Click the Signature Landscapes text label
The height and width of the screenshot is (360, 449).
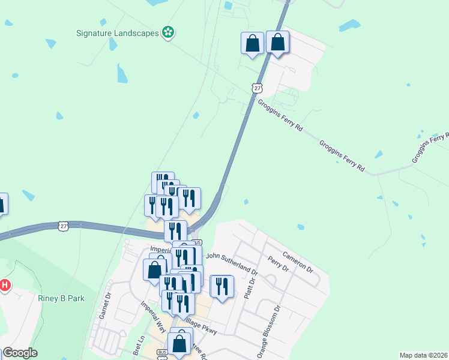tap(117, 32)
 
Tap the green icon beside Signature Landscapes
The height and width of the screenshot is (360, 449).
tap(169, 32)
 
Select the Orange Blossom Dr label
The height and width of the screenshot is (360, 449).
tap(269, 332)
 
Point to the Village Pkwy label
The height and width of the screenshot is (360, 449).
tap(200, 327)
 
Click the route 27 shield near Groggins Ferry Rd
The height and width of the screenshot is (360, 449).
tap(257, 88)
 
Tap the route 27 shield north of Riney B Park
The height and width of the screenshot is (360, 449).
tap(64, 226)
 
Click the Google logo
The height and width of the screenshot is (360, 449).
tap(20, 353)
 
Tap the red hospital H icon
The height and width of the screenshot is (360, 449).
tap(4, 285)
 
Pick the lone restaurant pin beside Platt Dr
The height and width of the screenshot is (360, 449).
tap(222, 287)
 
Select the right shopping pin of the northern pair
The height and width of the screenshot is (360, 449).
tap(277, 42)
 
